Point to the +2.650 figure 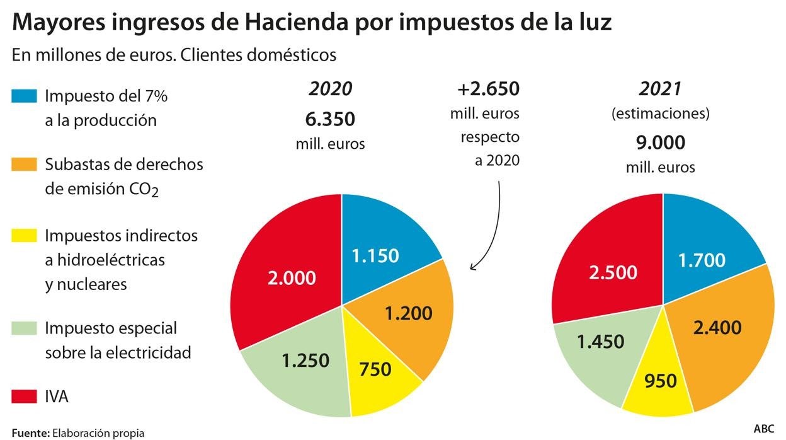489,89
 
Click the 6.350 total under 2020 331,119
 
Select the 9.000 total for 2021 660,143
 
